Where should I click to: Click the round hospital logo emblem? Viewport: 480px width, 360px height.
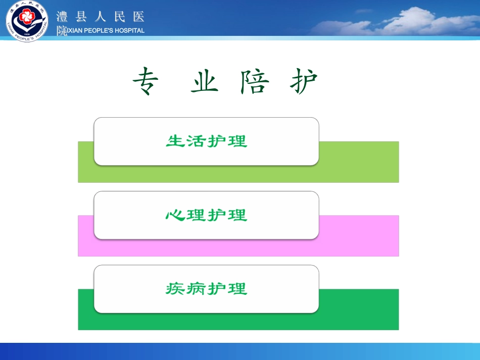pyautogui.click(x=27, y=21)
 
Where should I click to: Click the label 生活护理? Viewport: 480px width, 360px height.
pyautogui.click(x=206, y=141)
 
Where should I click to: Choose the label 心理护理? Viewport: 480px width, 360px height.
pyautogui.click(x=206, y=215)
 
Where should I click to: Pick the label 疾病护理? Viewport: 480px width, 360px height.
pyautogui.click(x=206, y=289)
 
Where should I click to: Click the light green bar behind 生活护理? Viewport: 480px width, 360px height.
pyautogui.click(x=359, y=162)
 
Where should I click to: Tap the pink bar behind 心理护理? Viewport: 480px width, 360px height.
pyautogui.click(x=359, y=235)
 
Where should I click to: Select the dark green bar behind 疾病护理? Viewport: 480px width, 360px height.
pyautogui.click(x=359, y=309)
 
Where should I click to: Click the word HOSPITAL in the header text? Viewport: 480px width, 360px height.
pyautogui.click(x=128, y=30)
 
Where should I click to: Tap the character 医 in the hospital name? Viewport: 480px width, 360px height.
pyautogui.click(x=139, y=17)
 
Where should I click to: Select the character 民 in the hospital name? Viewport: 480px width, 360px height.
pyautogui.click(x=120, y=17)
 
